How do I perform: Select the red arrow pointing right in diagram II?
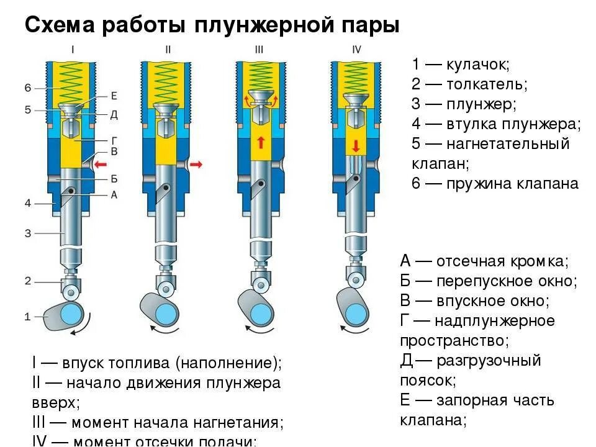pos(196,164)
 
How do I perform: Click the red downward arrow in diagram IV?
pos(355,147)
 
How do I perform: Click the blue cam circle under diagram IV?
pos(356,304)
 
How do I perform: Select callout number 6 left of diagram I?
pos(27,88)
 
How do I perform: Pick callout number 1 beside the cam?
pos(27,317)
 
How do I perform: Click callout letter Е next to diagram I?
pos(114,95)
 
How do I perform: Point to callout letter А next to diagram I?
pos(114,194)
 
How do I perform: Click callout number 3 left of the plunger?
pos(27,233)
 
